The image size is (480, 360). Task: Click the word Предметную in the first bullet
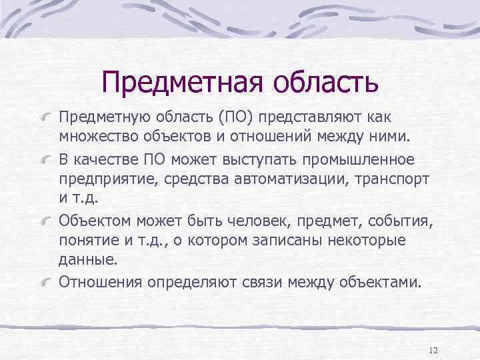(97, 117)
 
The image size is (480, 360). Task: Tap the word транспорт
(392, 180)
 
